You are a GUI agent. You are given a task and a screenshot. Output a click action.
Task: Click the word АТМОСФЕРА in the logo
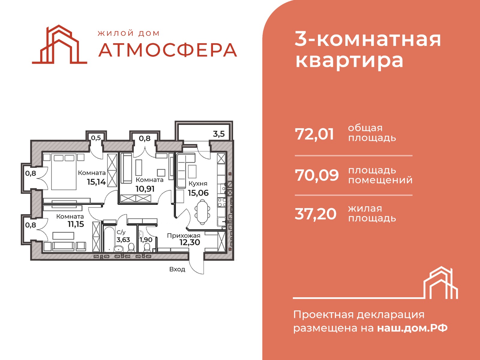click(168, 50)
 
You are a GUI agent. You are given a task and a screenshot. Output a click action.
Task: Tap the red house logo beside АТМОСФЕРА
click(59, 44)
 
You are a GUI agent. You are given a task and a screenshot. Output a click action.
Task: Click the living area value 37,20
click(316, 214)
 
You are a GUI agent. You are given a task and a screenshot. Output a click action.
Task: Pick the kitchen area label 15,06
click(198, 193)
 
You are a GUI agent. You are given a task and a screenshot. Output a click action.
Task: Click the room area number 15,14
click(96, 182)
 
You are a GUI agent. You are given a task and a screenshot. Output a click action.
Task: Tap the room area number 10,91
click(145, 189)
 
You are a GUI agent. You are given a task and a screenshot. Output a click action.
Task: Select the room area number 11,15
click(76, 224)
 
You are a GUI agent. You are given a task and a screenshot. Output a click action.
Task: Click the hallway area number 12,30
click(190, 243)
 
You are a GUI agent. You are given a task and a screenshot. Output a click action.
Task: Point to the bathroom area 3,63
click(123, 240)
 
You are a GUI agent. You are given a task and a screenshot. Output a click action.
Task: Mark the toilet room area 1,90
click(146, 240)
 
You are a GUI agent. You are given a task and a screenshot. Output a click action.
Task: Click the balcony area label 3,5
click(219, 134)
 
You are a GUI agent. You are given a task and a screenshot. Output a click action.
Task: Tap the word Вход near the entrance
click(177, 269)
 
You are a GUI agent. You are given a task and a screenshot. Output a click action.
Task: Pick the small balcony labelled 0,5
click(96, 137)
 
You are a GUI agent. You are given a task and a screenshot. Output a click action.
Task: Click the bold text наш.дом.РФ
click(412, 328)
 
